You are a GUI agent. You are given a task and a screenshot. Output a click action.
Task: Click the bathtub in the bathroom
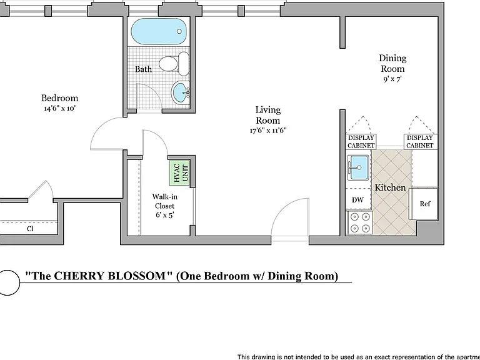point(159,31)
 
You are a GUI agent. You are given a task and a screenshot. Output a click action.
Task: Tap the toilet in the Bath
point(174,64)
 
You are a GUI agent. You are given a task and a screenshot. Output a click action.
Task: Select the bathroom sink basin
point(180,92)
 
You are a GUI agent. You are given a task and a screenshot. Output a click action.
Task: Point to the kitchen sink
point(358,167)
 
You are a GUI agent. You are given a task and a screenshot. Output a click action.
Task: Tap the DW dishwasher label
point(357,200)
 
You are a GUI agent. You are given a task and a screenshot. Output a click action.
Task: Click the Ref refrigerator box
point(424,204)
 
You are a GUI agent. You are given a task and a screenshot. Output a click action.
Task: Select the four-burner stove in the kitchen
point(360,222)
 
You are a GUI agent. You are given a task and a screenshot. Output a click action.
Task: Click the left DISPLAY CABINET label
point(361,142)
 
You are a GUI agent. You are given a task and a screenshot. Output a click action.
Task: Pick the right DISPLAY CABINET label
point(420,142)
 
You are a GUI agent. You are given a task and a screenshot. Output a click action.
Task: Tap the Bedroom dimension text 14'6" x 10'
point(59,108)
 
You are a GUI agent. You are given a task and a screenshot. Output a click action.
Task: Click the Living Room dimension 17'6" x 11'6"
point(268,131)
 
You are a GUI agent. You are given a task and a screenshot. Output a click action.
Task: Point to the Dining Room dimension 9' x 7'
point(392,79)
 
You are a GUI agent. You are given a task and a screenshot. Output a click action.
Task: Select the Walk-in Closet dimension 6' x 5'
point(165,215)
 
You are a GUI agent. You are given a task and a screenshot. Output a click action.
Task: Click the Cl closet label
point(30,229)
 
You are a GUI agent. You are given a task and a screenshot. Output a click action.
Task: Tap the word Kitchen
point(390,187)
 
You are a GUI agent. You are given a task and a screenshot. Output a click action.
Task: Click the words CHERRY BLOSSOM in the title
point(109,276)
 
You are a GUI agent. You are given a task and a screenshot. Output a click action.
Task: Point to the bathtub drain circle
point(179,31)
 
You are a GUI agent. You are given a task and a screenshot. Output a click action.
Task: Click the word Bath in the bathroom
point(143,69)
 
